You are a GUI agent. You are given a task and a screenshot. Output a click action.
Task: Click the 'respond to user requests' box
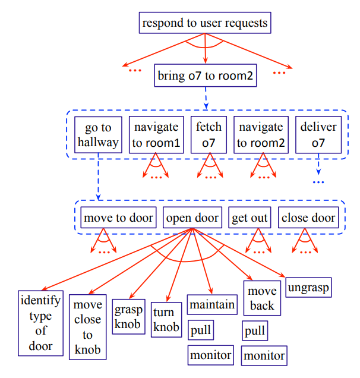pyautogui.click(x=205, y=24)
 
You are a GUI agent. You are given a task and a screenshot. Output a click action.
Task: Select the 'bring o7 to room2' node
pyautogui.click(x=205, y=76)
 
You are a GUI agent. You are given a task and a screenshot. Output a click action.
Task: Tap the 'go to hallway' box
pyautogui.click(x=99, y=134)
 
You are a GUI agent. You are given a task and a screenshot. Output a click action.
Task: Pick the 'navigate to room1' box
pyautogui.click(x=156, y=134)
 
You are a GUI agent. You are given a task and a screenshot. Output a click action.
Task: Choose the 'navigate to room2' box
pyautogui.click(x=260, y=134)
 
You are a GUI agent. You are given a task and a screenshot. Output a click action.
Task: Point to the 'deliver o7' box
pyautogui.click(x=319, y=134)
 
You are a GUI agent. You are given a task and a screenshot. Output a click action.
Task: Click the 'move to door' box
pyautogui.click(x=119, y=218)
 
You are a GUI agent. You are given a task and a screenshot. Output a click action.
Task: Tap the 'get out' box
pyautogui.click(x=250, y=218)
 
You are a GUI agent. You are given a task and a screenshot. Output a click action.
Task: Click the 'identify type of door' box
pyautogui.click(x=40, y=323)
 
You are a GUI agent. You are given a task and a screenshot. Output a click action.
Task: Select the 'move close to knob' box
pyautogui.click(x=88, y=327)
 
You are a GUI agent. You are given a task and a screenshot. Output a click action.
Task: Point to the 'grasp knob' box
pyautogui.click(x=128, y=316)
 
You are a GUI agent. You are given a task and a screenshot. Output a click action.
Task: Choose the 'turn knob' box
pyautogui.click(x=166, y=319)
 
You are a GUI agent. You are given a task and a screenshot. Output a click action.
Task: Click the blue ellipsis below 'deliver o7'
pyautogui.click(x=319, y=182)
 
